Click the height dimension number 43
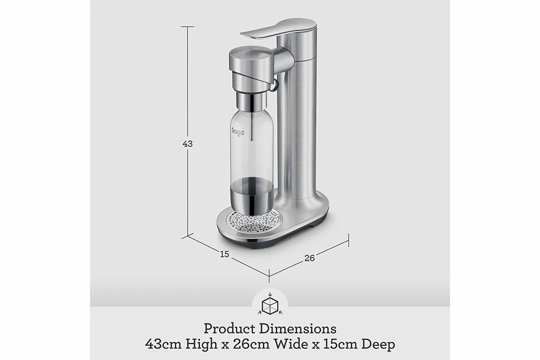click(188, 144)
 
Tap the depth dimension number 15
click(224, 254)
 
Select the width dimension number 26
click(309, 258)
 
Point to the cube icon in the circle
click(270, 306)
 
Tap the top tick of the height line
click(188, 27)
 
